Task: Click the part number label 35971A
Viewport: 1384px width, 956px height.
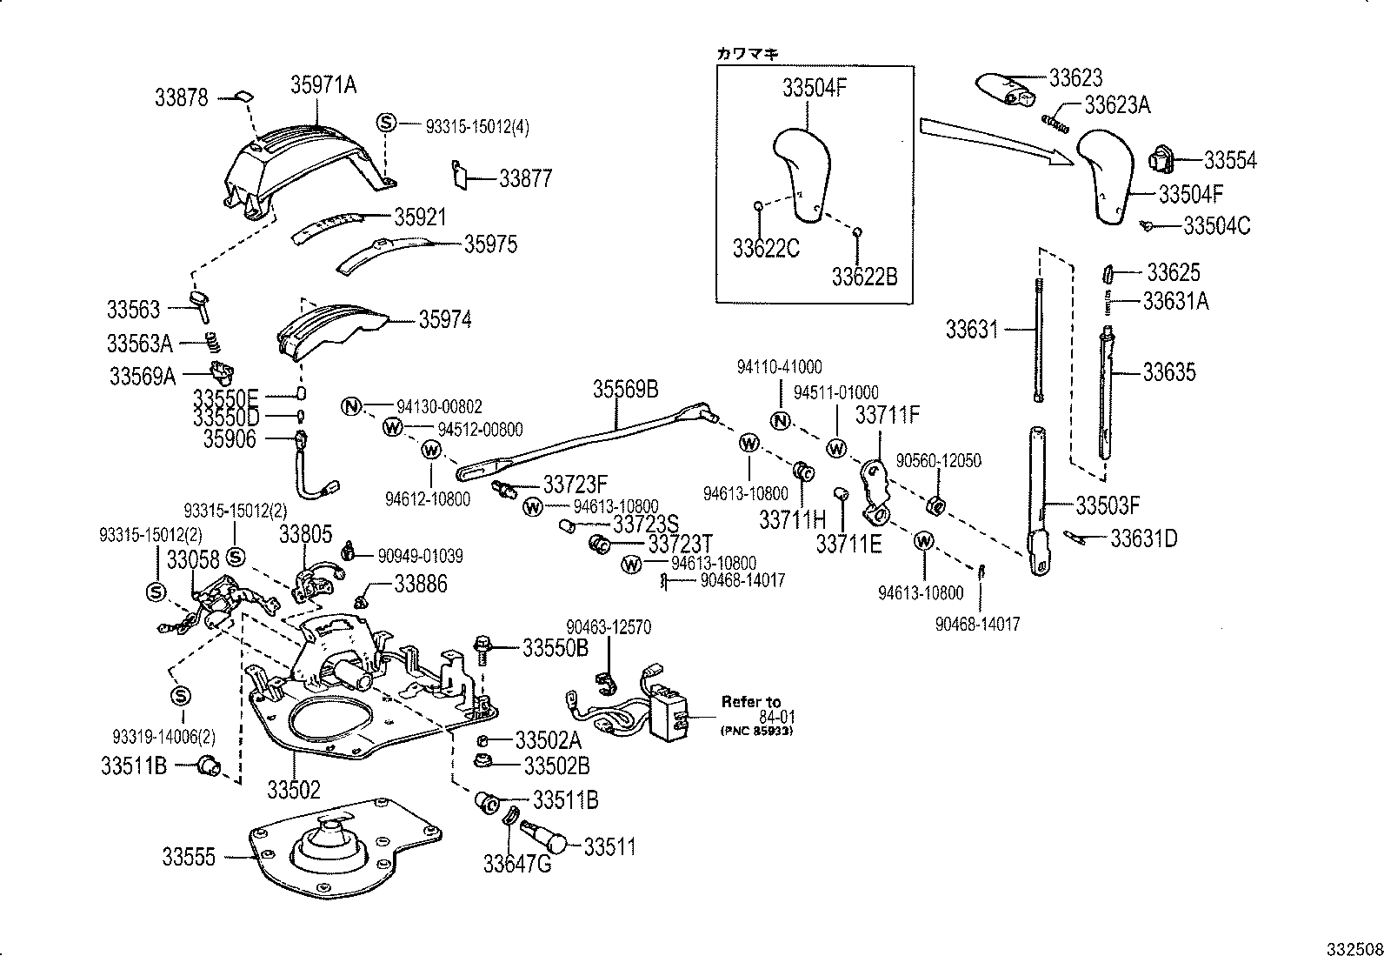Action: click(x=323, y=84)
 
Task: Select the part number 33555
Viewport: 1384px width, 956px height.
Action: click(x=188, y=857)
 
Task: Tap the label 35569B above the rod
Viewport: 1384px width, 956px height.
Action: click(x=626, y=388)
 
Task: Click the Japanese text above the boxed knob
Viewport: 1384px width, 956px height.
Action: click(x=747, y=53)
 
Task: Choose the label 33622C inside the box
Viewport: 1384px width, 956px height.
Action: click(x=765, y=249)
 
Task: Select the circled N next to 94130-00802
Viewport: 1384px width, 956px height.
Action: click(x=350, y=406)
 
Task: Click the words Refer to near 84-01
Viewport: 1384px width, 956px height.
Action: click(x=750, y=701)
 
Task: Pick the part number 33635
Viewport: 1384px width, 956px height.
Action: click(x=1168, y=372)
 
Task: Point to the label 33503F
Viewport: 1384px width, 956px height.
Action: click(x=1107, y=505)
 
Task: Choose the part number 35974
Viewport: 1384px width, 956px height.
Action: click(x=445, y=319)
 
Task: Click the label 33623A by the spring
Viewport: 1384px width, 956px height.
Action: click(x=1117, y=105)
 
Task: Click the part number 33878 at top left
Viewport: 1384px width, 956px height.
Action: click(x=182, y=97)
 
